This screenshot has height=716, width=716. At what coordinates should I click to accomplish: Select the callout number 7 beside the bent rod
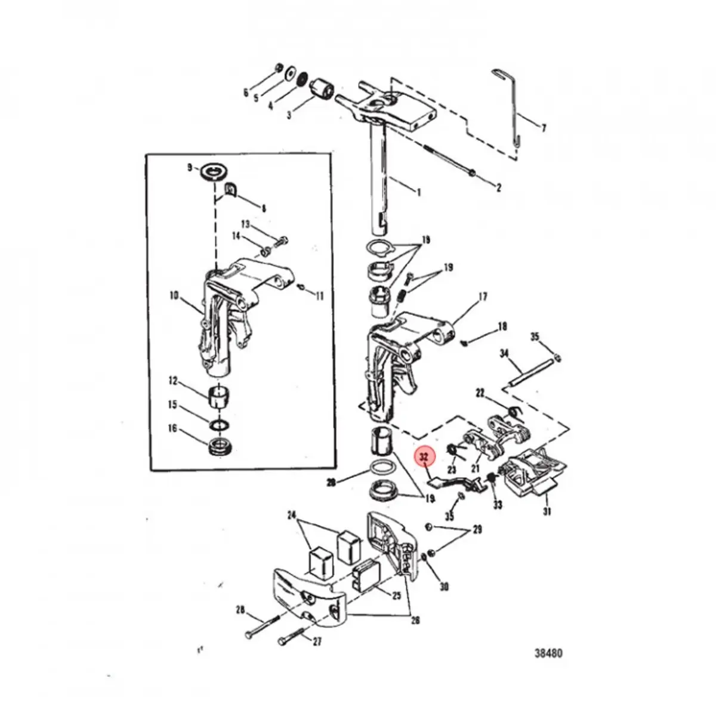click(x=543, y=128)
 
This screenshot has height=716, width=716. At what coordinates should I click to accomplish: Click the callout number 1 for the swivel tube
click(x=418, y=192)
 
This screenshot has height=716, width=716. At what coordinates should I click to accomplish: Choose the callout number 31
click(x=547, y=511)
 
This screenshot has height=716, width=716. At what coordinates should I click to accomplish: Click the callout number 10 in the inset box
click(x=174, y=294)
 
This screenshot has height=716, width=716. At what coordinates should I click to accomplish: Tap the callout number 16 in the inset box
click(x=172, y=428)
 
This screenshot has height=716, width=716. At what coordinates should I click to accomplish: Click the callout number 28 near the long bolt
click(x=240, y=610)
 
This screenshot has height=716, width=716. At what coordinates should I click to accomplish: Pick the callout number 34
click(x=504, y=354)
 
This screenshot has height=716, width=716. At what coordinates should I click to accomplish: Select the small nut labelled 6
click(x=279, y=67)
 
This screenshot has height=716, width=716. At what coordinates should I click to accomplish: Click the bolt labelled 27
click(x=284, y=642)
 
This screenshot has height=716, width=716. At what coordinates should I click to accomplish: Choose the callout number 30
click(x=444, y=587)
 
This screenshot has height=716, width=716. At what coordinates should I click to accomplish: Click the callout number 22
click(x=480, y=393)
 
